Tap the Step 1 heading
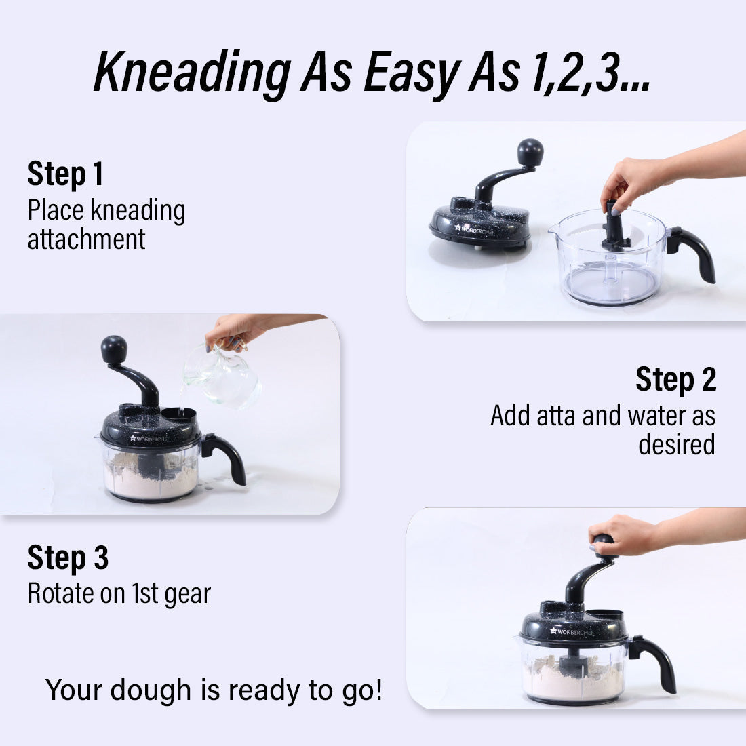[x=66, y=174]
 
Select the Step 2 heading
[x=676, y=379]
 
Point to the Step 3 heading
[x=68, y=557]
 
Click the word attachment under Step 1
[x=87, y=239]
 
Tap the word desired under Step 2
[x=677, y=444]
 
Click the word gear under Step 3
[x=187, y=595]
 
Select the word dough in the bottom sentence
[x=151, y=690]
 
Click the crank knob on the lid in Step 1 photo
[x=530, y=152]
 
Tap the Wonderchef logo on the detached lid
[x=475, y=230]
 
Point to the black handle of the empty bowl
[x=692, y=252]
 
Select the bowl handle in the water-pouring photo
[x=224, y=457]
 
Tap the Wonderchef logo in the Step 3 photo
[x=572, y=632]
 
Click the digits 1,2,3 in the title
[x=591, y=73]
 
